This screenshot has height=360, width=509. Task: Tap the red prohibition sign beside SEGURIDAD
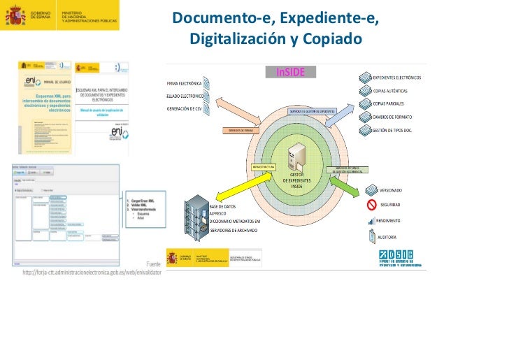coord(372,205)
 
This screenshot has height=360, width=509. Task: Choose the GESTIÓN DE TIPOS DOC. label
coord(403,130)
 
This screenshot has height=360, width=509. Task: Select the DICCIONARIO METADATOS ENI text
coord(235,221)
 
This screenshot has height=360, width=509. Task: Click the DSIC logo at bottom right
coord(401,258)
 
